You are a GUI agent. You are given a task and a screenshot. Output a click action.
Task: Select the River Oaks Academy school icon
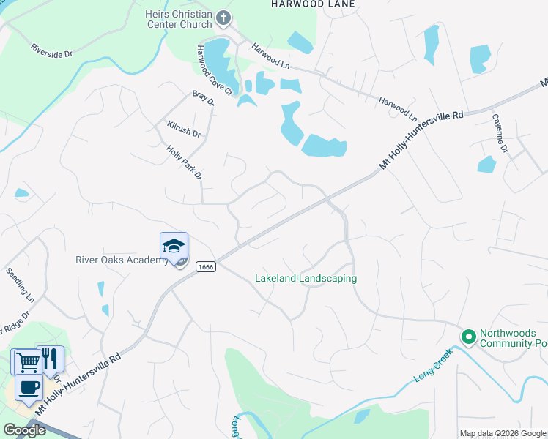174,246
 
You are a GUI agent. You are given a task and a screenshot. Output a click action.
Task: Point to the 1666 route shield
206,267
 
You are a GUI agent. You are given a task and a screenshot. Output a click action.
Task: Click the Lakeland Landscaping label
306,279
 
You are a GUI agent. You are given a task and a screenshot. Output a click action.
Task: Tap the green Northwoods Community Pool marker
468,337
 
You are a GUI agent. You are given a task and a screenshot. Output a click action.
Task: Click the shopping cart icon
27,361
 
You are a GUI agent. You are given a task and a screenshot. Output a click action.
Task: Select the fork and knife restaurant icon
49,359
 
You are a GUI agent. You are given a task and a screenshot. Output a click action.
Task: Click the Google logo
24,430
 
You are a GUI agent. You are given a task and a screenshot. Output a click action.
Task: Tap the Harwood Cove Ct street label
212,70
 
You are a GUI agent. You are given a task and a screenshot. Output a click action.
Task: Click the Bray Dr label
203,97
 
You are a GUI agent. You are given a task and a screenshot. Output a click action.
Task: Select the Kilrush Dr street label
183,130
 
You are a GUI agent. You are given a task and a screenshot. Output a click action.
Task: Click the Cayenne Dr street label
500,132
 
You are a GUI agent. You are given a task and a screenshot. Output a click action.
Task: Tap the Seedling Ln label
20,285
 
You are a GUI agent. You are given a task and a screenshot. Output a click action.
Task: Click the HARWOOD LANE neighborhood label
313,4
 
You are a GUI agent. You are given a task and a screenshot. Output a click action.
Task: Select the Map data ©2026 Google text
503,433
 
